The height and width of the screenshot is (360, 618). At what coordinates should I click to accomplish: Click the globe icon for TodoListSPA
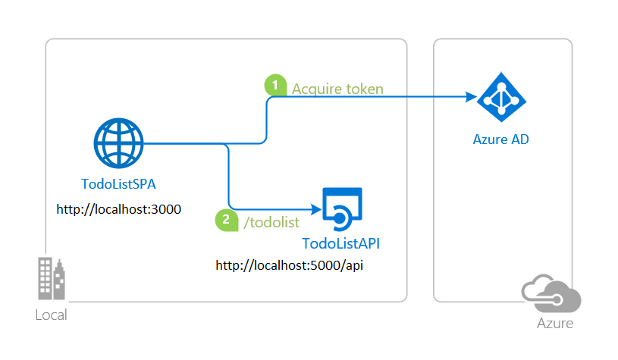click(118, 143)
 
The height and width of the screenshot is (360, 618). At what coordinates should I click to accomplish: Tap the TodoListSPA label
click(119, 184)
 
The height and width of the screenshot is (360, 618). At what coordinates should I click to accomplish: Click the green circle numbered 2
click(226, 221)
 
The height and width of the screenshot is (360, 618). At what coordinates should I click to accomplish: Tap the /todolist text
click(268, 221)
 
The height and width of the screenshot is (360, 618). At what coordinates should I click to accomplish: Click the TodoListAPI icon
click(342, 208)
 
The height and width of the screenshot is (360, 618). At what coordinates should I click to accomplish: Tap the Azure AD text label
click(501, 139)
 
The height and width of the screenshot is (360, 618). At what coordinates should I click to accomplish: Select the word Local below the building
click(51, 315)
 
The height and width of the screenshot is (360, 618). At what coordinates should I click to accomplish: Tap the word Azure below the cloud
click(554, 324)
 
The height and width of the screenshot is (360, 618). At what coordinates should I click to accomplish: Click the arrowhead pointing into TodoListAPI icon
click(312, 208)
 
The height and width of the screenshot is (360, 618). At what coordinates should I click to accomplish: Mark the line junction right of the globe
click(227, 143)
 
